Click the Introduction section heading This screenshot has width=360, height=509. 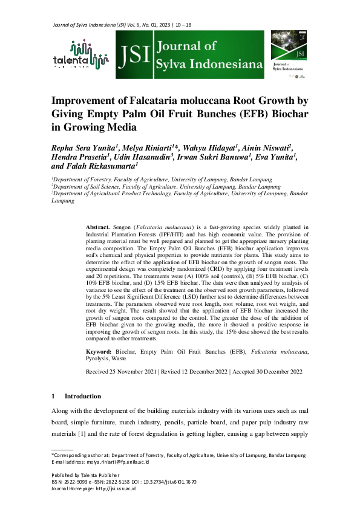(x=83, y=396)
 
